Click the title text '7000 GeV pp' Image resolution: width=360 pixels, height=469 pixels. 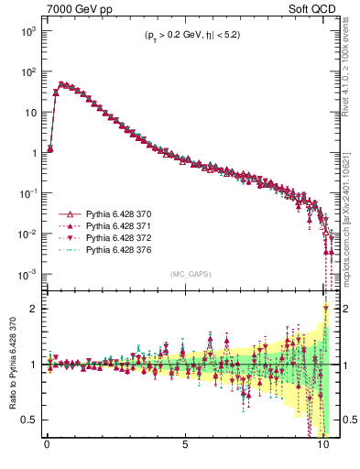[74, 8]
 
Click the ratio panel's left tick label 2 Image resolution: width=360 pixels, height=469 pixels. [35, 309]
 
